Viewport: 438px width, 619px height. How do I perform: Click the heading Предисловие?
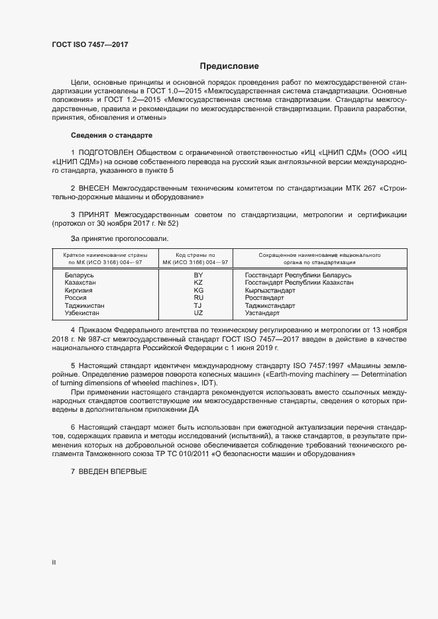[229, 66]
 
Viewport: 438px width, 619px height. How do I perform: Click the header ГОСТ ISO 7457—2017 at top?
[89, 44]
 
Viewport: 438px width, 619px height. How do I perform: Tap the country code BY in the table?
[198, 274]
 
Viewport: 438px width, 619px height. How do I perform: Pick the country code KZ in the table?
[198, 282]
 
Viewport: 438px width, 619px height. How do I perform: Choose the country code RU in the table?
[198, 298]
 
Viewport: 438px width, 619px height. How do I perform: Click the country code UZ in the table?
[198, 313]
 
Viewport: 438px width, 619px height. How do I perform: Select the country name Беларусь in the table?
[80, 274]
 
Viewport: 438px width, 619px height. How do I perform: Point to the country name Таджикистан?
[85, 306]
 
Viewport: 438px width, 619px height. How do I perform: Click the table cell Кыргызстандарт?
[270, 290]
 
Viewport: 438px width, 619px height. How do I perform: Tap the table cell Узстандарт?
[262, 313]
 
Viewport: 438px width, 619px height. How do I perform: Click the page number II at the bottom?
[54, 563]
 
